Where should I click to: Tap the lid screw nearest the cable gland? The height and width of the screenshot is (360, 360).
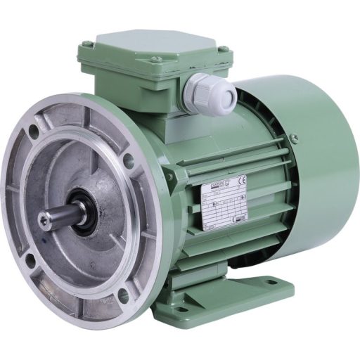(x=223, y=51)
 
